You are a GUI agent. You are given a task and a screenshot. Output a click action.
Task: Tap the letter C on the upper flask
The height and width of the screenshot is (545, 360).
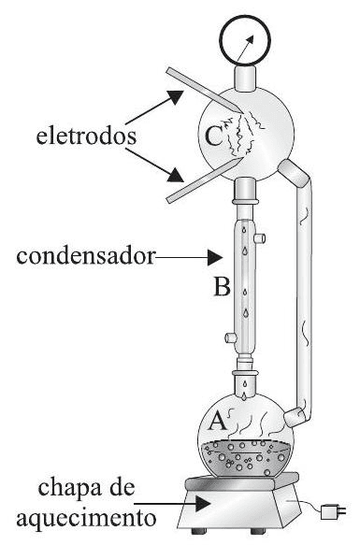tap(212, 137)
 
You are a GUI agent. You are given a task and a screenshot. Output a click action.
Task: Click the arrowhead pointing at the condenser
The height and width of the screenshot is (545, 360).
tap(218, 255)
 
